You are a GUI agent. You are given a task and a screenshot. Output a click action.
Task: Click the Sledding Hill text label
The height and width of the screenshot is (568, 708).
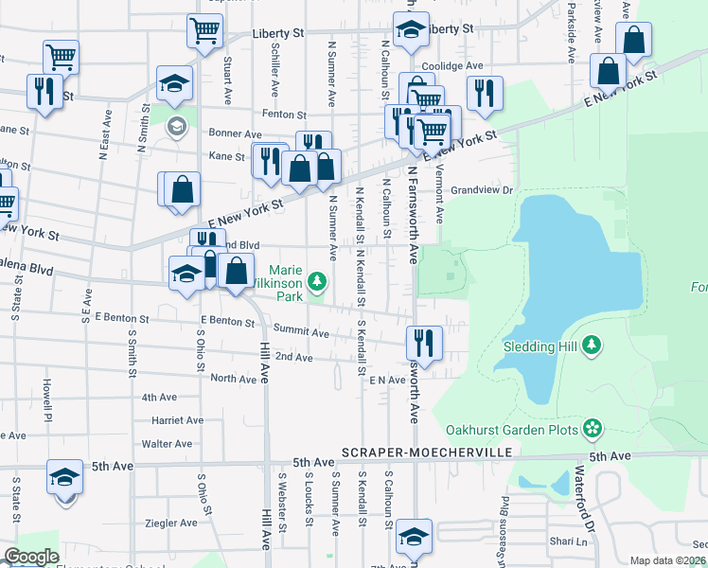click(x=542, y=346)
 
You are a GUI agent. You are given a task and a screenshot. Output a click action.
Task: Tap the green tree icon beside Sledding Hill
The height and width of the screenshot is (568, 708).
click(x=592, y=345)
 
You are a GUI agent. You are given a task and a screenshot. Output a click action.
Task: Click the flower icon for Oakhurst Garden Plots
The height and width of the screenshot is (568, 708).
click(x=593, y=428)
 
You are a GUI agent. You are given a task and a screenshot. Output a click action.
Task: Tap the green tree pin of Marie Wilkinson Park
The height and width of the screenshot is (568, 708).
click(x=317, y=280)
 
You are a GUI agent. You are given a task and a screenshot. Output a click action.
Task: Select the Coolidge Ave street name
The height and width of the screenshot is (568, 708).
click(x=452, y=66)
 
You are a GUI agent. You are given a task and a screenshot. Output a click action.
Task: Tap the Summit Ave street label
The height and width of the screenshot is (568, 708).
click(x=301, y=333)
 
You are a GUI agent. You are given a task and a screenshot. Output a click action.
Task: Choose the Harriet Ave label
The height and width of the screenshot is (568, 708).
click(x=172, y=420)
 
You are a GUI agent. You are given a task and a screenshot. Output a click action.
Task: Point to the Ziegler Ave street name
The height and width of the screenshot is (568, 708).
click(x=170, y=523)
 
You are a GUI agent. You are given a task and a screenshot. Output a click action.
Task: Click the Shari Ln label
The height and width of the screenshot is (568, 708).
click(x=568, y=541)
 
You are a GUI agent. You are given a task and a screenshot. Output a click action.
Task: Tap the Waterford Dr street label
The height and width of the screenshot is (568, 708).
click(x=585, y=498)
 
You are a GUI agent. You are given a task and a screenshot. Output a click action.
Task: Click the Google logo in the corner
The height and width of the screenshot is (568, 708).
click(x=30, y=557)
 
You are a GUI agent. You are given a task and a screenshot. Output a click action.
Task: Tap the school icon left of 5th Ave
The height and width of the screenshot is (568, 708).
click(x=63, y=476)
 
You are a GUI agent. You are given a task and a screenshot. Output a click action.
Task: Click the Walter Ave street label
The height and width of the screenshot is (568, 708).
click(x=167, y=444)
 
